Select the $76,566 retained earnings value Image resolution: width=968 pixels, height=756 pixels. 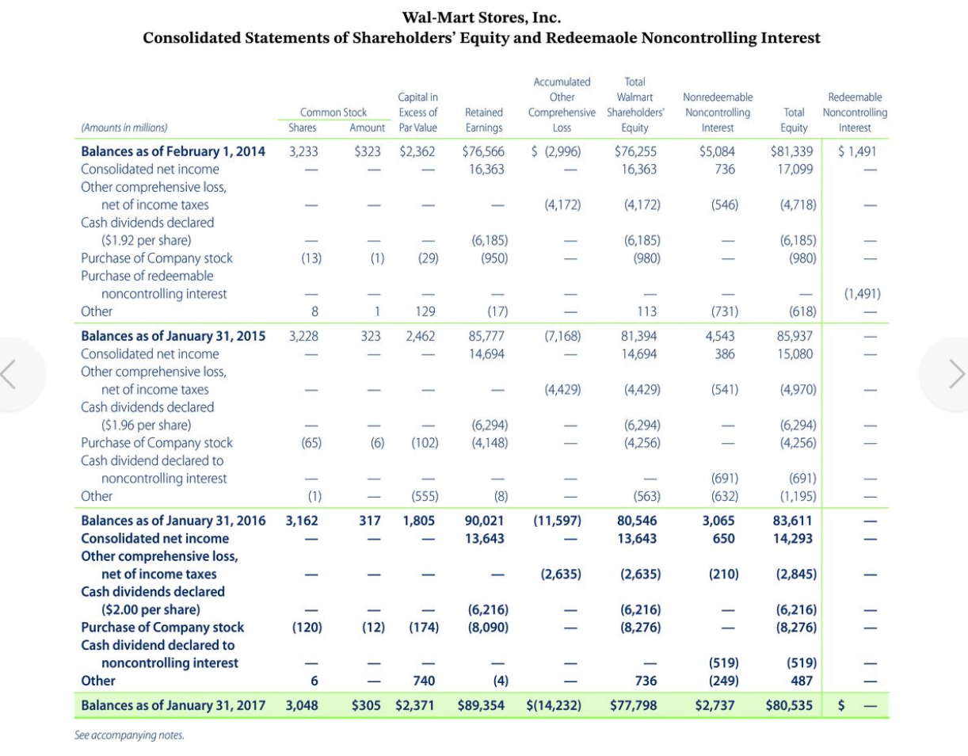[484, 151]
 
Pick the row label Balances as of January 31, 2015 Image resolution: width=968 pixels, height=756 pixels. [173, 335]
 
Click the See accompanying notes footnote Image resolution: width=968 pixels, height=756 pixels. [129, 735]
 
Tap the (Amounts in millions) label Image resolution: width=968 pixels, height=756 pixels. [124, 128]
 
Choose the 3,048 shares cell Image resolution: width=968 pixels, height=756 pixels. [302, 703]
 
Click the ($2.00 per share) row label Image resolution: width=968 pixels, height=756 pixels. [151, 609]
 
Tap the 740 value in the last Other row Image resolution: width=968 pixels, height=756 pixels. [428, 681]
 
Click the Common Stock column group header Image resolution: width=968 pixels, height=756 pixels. [333, 113]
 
